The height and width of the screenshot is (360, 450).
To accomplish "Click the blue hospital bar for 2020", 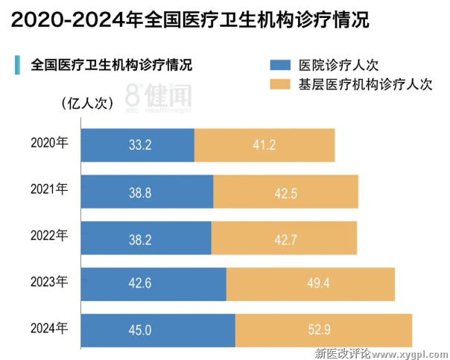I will pos(138,145).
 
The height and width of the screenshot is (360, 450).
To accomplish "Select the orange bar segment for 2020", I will pos(264,145).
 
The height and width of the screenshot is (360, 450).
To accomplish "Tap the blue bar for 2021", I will pos(148,192).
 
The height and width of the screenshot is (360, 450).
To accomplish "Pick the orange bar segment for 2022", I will pos(284,238).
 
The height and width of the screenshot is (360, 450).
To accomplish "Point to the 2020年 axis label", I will pos(50,142).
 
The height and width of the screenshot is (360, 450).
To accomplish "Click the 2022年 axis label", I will pos(50,235).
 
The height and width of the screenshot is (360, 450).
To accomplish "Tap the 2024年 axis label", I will pos(50,327).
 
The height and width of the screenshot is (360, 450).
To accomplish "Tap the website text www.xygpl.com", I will pos(411,353).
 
